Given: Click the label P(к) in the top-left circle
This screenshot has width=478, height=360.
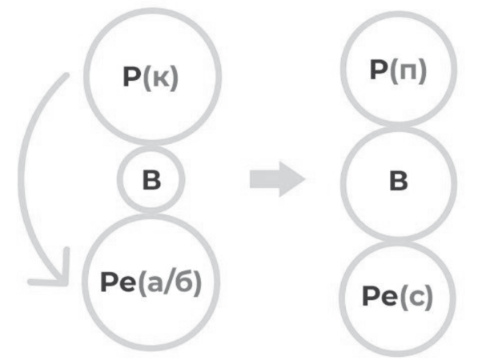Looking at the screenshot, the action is (151, 78).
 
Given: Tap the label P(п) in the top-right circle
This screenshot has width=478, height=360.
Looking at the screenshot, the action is (398, 70).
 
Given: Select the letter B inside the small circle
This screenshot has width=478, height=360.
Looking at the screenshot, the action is (151, 180).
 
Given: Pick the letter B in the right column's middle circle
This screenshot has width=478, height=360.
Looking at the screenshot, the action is (399, 181).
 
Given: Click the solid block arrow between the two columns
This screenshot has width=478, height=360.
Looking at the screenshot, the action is (277, 179).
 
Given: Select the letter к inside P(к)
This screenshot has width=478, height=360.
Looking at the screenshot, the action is (160, 80).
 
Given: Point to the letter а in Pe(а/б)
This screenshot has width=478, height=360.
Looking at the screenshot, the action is (155, 285).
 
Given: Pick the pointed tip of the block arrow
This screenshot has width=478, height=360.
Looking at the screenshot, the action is (305, 179).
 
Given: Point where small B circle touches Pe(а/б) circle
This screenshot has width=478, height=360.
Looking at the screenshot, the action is (151, 213).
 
